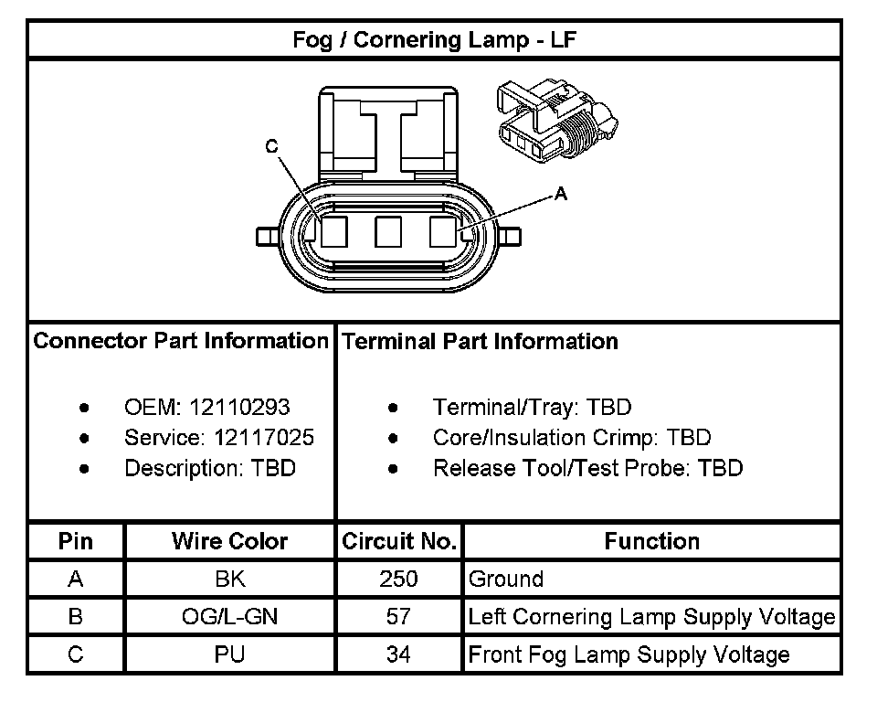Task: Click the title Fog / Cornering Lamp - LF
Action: tap(434, 40)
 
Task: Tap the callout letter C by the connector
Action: tap(271, 146)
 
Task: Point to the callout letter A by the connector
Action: tap(561, 194)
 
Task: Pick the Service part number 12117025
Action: tap(264, 438)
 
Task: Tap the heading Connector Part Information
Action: tap(181, 342)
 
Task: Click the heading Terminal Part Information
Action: tap(480, 342)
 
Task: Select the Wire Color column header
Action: tap(229, 541)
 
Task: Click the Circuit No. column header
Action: tap(398, 541)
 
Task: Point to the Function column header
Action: tap(651, 541)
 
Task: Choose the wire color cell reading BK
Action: tap(229, 579)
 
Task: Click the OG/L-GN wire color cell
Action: tap(229, 617)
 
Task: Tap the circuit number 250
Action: tap(398, 579)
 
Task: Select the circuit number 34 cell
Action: tap(398, 654)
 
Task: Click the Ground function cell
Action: tap(506, 579)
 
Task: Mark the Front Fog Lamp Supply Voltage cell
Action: tap(629, 654)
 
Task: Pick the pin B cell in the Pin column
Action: tap(76, 617)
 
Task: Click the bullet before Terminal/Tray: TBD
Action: tap(393, 408)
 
